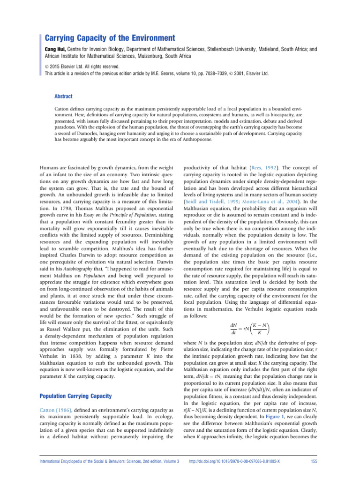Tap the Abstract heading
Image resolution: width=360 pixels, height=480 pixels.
tap(64, 96)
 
